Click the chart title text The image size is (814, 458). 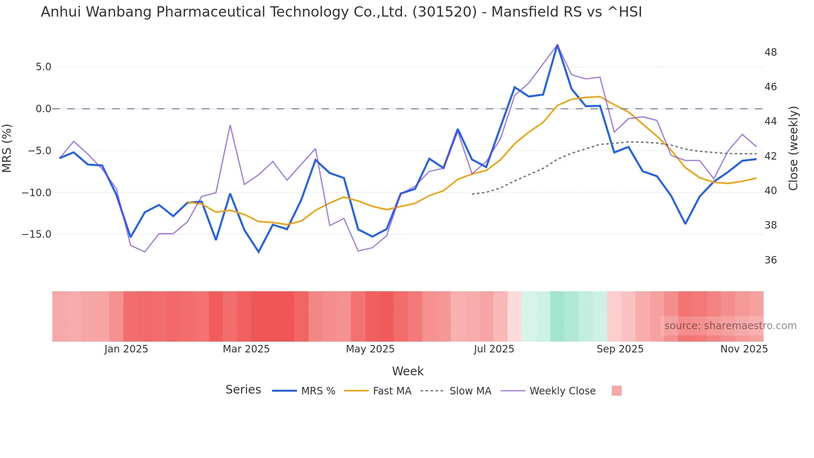click(x=341, y=12)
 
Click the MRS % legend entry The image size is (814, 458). click(x=318, y=391)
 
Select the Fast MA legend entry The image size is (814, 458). click(x=392, y=391)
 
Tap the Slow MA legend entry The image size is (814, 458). click(x=470, y=391)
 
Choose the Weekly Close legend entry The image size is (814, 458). click(x=562, y=391)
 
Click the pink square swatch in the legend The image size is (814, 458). click(x=616, y=391)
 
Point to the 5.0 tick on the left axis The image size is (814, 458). click(x=43, y=67)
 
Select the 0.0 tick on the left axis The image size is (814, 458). click(x=43, y=109)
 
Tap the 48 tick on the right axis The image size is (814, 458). click(x=770, y=52)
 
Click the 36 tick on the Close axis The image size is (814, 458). click(x=770, y=260)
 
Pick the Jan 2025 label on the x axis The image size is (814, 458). click(x=126, y=349)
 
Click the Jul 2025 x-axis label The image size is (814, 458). click(x=494, y=349)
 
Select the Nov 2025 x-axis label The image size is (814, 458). click(x=744, y=349)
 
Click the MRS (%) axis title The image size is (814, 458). click(x=7, y=148)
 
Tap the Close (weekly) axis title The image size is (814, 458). click(x=793, y=148)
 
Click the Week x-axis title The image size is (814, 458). click(x=407, y=371)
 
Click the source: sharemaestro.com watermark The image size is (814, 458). click(x=730, y=326)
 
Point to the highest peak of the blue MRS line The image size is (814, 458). click(x=557, y=45)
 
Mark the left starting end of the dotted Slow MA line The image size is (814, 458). click(x=472, y=194)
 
